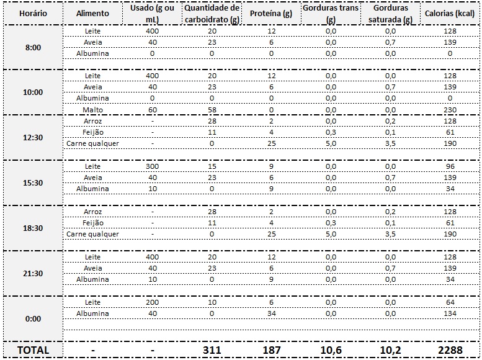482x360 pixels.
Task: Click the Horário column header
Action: coord(33,14)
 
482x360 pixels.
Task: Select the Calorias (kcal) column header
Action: coord(450,14)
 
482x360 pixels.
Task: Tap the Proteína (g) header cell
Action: coord(271,14)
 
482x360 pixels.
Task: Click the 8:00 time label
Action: coord(33,47)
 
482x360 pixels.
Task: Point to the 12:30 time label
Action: coord(33,138)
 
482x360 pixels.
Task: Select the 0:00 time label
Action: coord(33,319)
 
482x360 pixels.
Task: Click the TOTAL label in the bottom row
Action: coord(33,350)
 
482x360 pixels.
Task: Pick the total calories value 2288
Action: coord(450,350)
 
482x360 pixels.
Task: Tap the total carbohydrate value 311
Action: coord(212,350)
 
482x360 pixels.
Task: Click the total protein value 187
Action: coord(272,350)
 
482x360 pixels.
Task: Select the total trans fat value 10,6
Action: coord(331,350)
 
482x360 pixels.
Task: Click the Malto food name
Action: coord(92,110)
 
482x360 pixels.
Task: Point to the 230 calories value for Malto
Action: coord(450,110)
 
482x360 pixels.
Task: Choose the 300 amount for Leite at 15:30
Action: coord(153,166)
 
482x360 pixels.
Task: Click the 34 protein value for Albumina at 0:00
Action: coord(272,313)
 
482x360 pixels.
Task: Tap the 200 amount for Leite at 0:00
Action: coord(153,302)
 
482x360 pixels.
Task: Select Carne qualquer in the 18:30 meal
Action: coord(92,234)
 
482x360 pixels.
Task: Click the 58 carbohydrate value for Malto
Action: coord(212,110)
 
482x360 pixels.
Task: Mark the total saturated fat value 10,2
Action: coord(390,350)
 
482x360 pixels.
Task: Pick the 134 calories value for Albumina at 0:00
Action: coord(450,313)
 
